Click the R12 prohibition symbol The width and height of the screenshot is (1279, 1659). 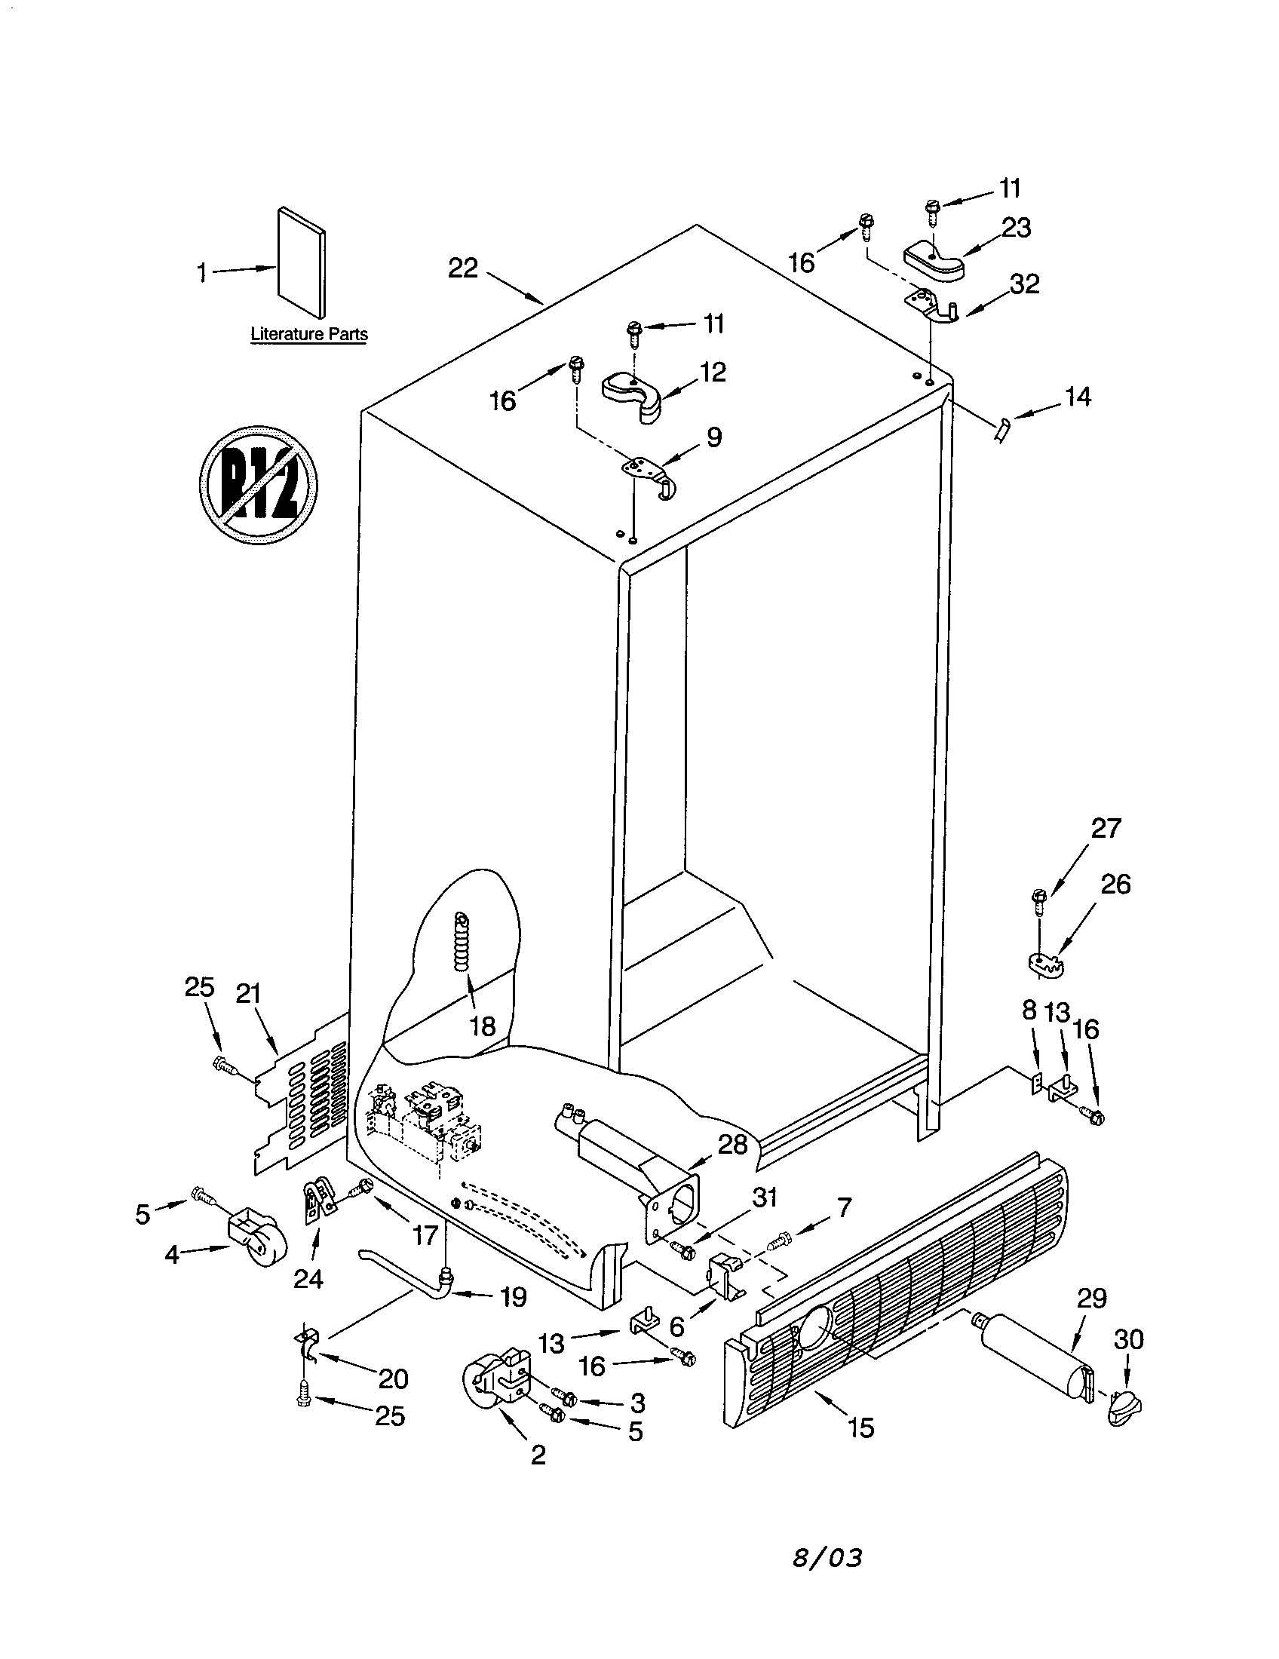click(257, 485)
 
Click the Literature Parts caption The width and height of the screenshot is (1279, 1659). click(309, 334)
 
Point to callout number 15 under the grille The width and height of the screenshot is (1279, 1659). click(861, 1427)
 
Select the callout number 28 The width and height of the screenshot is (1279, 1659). click(732, 1145)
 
